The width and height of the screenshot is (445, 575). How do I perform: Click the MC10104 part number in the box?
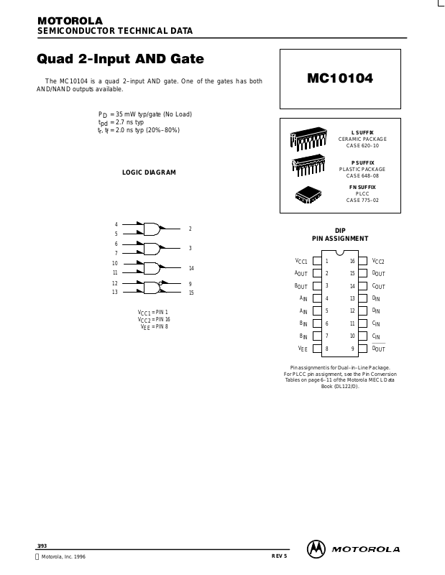[x=340, y=78]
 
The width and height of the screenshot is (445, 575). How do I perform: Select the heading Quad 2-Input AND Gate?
[x=120, y=58]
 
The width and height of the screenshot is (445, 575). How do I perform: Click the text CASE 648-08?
[x=362, y=175]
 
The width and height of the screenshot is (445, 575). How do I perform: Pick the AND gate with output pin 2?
[x=152, y=229]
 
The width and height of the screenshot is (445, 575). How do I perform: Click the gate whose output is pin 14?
[x=152, y=268]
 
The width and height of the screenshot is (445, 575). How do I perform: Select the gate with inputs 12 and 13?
[x=152, y=287]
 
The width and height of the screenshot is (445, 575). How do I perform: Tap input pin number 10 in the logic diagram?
[x=115, y=264]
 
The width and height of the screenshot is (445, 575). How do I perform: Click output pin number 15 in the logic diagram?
[x=191, y=293]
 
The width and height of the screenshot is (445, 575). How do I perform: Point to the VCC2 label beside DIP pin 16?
[x=378, y=261]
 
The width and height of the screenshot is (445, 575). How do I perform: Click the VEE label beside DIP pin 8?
[x=303, y=349]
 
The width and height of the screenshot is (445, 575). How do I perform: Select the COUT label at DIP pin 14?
[x=378, y=286]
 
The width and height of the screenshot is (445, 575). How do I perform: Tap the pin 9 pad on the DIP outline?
[x=363, y=349]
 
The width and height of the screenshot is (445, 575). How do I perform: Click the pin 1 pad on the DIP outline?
[x=316, y=261]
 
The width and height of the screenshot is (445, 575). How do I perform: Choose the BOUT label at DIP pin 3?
[x=301, y=286]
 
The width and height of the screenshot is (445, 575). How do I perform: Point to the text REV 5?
[x=279, y=556]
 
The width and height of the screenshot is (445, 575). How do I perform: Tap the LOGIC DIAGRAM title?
[x=149, y=172]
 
